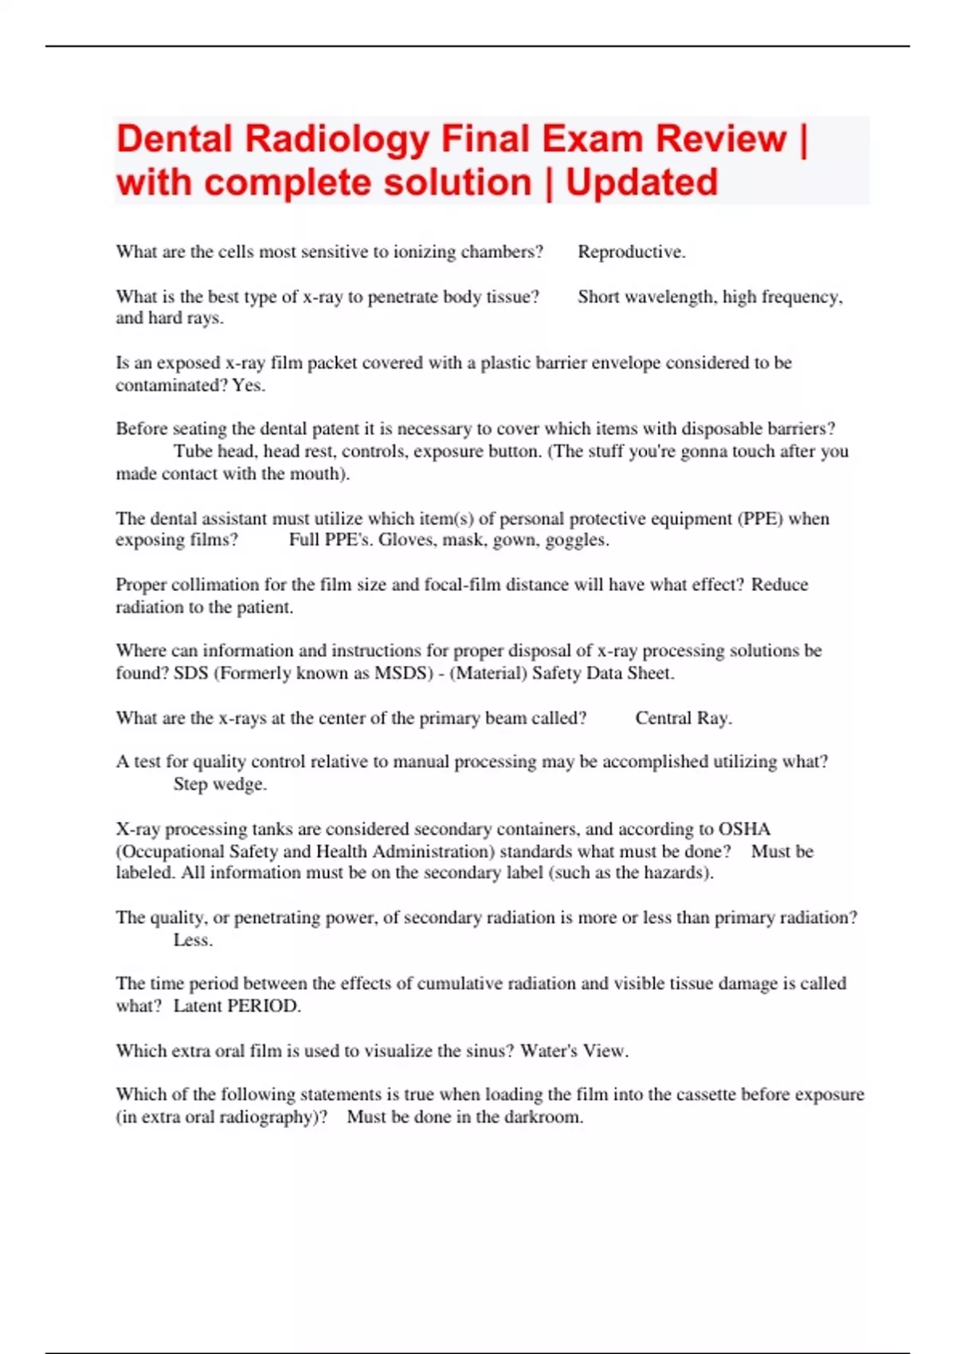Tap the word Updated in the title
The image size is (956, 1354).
(642, 182)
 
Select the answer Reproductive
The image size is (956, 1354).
(630, 252)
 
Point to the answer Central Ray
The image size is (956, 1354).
(683, 718)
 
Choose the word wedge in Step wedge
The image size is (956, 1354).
(240, 785)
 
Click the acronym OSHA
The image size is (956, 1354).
(744, 829)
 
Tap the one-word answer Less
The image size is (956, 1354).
(193, 941)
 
